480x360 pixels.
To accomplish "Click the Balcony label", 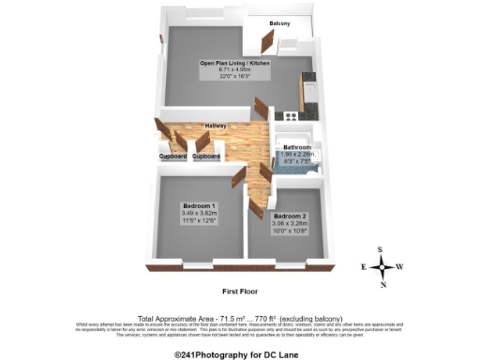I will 279,22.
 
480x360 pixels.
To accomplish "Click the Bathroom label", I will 297,146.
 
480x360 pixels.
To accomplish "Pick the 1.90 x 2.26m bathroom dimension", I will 298,154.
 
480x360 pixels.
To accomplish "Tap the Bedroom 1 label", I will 199,206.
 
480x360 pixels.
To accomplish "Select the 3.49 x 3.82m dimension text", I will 199,214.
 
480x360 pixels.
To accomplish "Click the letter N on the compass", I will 382,283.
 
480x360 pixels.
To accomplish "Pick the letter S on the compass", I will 382,249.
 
